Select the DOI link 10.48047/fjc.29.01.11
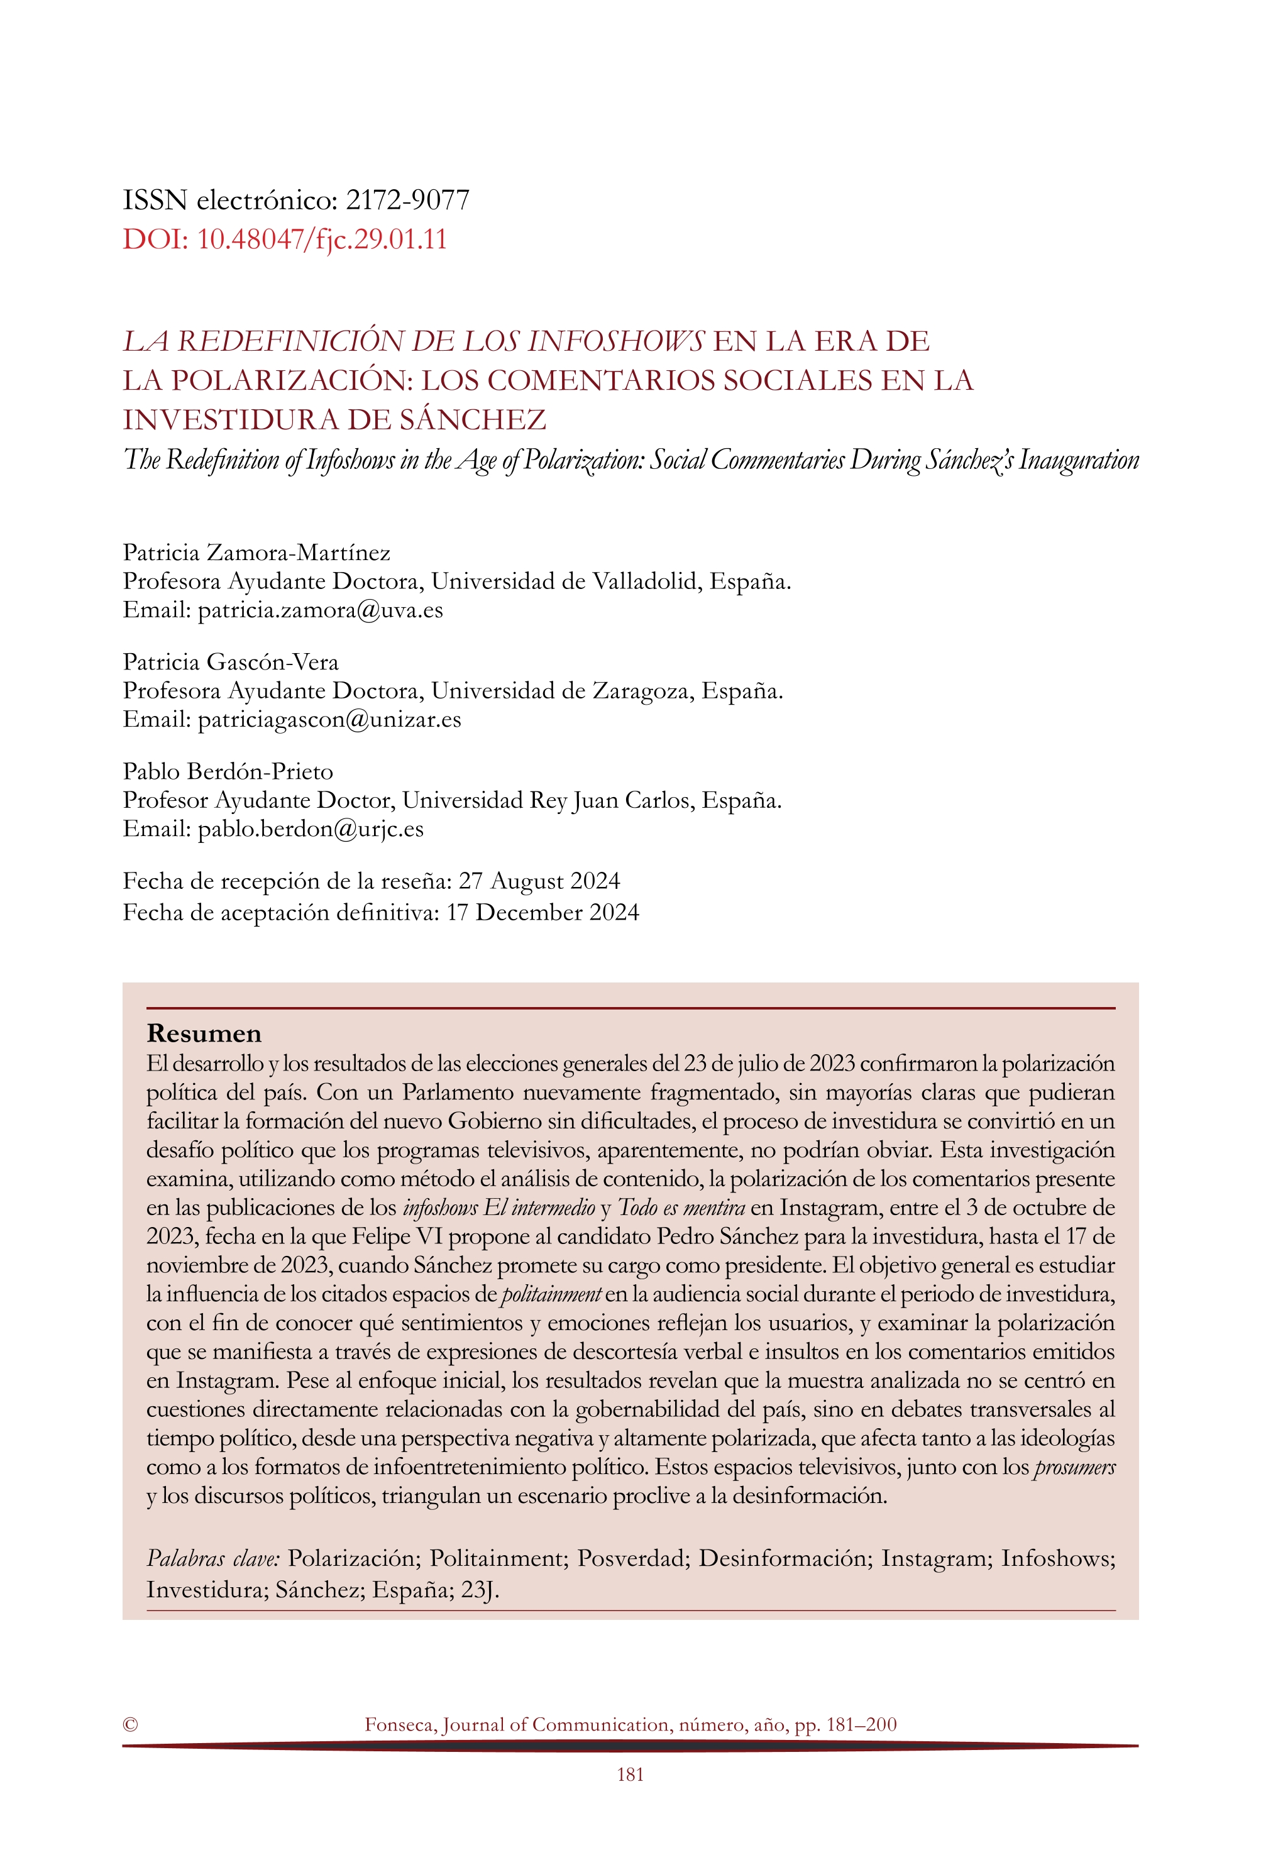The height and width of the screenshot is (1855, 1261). [x=322, y=239]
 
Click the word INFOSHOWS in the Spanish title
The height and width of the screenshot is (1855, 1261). [x=616, y=341]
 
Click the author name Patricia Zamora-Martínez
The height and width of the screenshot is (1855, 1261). [x=256, y=553]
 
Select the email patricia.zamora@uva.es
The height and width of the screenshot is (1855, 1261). [x=320, y=610]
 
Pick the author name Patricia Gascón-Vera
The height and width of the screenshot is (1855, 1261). [x=231, y=662]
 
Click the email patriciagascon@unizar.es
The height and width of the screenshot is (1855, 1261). [x=329, y=720]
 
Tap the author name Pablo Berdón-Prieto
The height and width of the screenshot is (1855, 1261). [x=228, y=771]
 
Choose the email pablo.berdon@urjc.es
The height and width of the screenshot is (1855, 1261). [x=311, y=829]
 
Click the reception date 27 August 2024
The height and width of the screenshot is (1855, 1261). [x=539, y=881]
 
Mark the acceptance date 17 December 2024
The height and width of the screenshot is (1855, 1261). [x=542, y=912]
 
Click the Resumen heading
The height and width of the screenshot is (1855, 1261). [x=204, y=1033]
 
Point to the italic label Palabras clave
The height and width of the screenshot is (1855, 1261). [x=212, y=1559]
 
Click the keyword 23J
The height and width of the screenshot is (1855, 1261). [x=480, y=1590]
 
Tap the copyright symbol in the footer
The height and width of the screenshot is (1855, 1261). [x=130, y=1724]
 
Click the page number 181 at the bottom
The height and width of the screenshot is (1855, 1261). [x=630, y=1775]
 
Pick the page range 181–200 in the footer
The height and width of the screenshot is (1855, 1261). [x=861, y=1724]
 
